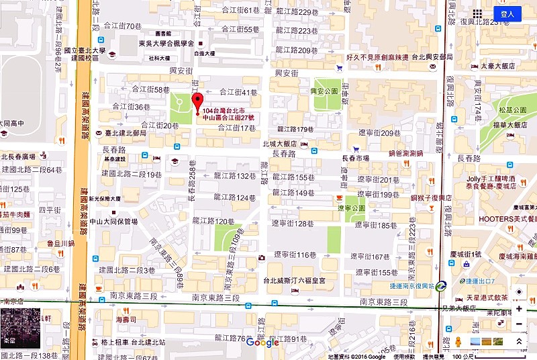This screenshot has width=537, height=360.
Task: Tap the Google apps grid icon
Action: coord(477,13)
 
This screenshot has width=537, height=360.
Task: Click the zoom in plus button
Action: coord(519,309)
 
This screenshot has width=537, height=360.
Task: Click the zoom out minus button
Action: coord(519,324)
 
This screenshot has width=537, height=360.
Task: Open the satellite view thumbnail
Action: coord(20,328)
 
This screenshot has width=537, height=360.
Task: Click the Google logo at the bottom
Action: coord(262,343)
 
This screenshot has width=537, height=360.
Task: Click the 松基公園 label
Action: coord(512,109)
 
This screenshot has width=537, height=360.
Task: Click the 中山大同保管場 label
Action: coord(113,222)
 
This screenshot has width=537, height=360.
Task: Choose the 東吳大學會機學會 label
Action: coord(161,44)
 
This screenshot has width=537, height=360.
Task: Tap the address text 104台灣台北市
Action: coord(224,109)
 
